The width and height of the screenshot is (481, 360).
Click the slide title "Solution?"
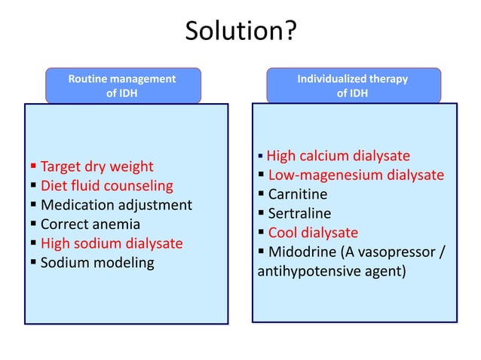240,32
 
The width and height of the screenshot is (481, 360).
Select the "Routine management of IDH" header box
122,86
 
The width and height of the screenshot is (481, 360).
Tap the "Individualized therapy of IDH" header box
352,86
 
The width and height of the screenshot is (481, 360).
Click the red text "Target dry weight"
97,166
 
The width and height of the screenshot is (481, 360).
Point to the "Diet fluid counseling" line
106,185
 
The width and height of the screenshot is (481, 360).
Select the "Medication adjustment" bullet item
116,205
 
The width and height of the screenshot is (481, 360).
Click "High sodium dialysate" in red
112,243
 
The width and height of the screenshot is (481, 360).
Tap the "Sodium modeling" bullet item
97,263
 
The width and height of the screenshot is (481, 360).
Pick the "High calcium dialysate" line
339,156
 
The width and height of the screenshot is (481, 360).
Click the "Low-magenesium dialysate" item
356,175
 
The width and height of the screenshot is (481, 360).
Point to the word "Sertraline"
299,214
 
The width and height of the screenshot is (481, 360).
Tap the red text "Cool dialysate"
313,233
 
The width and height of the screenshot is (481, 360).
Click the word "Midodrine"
300,252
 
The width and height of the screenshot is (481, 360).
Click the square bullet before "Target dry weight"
34,166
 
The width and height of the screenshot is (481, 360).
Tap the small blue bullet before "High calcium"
260,157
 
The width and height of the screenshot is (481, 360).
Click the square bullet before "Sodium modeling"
34,264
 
